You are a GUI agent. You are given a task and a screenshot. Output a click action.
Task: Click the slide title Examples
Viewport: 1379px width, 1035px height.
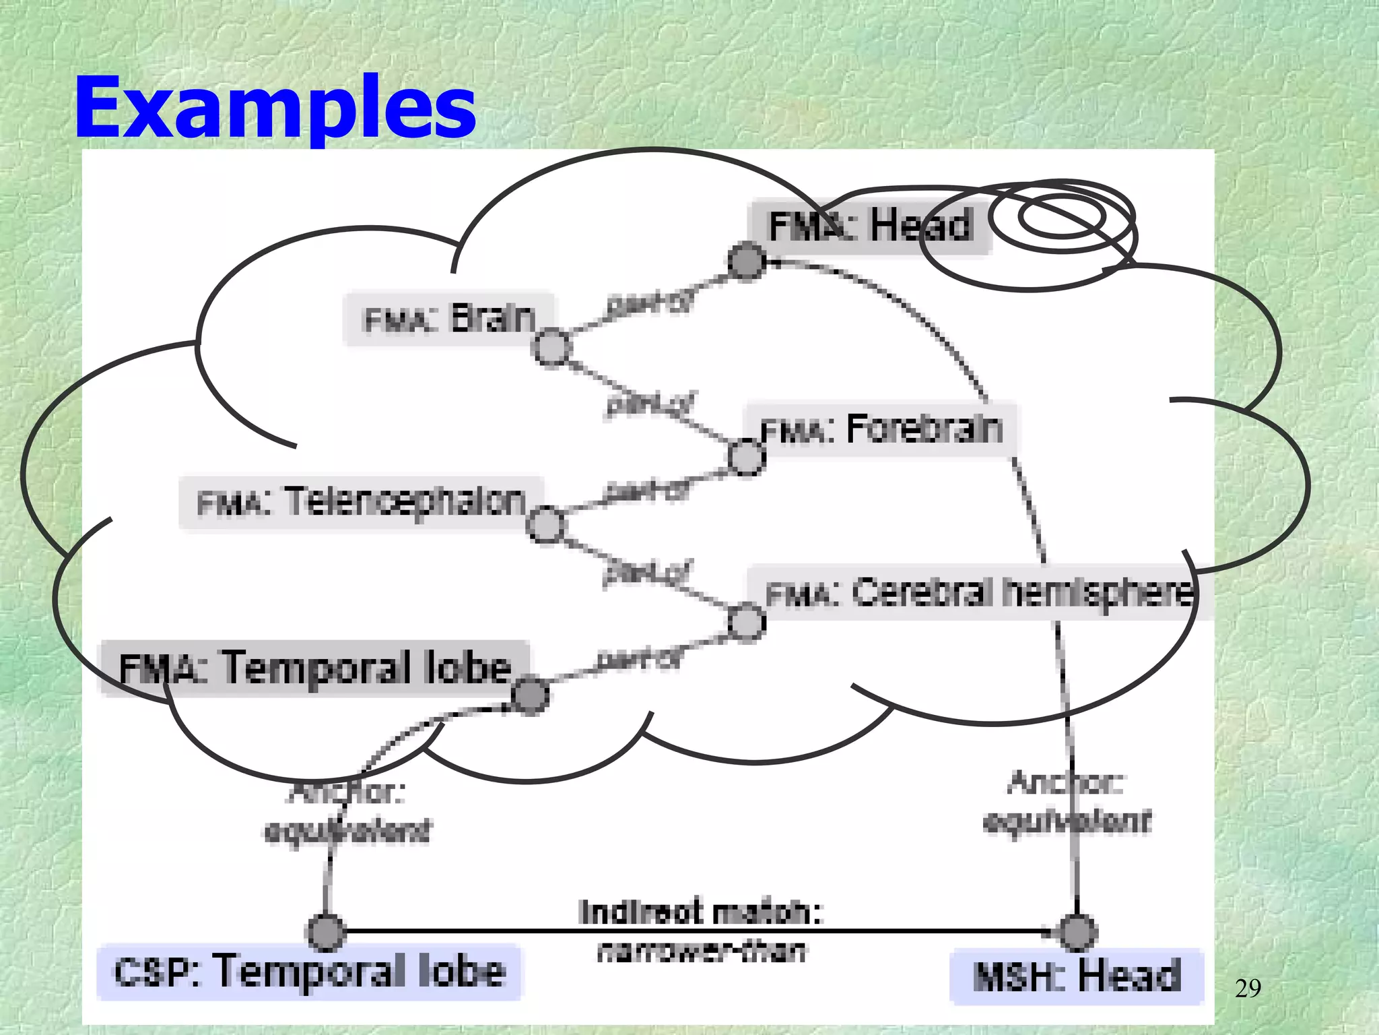tap(275, 108)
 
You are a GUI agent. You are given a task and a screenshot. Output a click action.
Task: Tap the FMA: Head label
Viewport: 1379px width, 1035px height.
tap(869, 226)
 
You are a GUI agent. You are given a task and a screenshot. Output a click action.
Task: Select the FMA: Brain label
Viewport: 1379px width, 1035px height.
tap(448, 319)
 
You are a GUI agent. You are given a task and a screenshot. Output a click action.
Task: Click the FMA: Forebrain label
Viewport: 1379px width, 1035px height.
tap(881, 430)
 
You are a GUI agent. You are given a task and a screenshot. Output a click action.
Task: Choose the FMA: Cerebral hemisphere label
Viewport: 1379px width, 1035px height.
tap(979, 594)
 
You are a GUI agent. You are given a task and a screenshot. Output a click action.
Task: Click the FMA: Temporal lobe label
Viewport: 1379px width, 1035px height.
tap(314, 668)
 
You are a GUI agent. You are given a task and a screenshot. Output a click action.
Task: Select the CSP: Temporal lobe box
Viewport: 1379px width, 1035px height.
tap(309, 972)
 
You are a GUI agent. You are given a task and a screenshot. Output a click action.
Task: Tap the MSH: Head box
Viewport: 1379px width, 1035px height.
tap(1076, 976)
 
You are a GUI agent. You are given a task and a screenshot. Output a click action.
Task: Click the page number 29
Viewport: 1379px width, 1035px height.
tap(1248, 989)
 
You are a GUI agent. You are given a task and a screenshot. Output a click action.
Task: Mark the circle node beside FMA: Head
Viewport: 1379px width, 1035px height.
tap(747, 261)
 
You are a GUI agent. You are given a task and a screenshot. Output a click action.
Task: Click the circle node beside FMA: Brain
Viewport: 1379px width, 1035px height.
tap(552, 348)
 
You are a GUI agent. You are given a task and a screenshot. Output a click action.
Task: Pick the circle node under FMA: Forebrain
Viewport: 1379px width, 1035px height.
tap(747, 458)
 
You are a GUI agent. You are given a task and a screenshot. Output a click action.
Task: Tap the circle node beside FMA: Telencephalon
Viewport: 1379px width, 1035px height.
tap(545, 524)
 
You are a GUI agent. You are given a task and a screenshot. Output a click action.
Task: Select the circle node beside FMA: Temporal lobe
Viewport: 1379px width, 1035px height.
tap(530, 695)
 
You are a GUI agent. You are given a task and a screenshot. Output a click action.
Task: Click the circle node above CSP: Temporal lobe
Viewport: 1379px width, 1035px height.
tap(326, 932)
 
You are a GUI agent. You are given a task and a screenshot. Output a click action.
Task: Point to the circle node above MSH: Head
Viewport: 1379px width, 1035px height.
tap(1077, 932)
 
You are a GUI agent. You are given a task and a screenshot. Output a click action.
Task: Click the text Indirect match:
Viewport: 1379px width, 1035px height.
tap(700, 913)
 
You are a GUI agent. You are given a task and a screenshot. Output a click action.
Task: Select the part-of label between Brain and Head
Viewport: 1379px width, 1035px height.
tap(648, 305)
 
